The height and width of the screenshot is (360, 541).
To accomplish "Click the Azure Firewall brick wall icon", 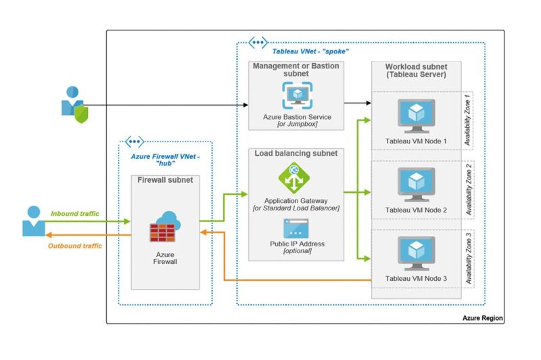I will pyautogui.click(x=165, y=227).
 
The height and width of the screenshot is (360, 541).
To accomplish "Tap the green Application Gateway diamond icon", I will pyautogui.click(x=293, y=179).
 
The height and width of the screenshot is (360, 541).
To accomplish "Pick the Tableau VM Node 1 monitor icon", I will pyautogui.click(x=416, y=114).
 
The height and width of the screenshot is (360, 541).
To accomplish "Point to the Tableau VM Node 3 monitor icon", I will pyautogui.click(x=416, y=252).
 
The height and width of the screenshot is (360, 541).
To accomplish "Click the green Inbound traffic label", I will pyautogui.click(x=74, y=213).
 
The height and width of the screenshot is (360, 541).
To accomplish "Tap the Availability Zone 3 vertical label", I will pyautogui.click(x=468, y=258).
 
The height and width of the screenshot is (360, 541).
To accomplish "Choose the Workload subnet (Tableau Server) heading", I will pyautogui.click(x=416, y=70).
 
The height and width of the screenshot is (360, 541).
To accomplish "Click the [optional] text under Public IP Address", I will pyautogui.click(x=297, y=250).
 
